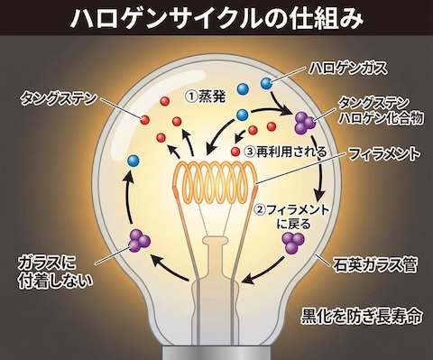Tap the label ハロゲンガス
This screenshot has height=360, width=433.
pyautogui.click(x=346, y=66)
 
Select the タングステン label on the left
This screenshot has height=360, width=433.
pyautogui.click(x=57, y=94)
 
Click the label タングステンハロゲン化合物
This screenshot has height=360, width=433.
pyautogui.click(x=374, y=112)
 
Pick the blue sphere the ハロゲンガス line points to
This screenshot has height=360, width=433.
pyautogui.click(x=267, y=84)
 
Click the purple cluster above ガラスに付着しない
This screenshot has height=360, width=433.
pyautogui.click(x=138, y=240)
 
